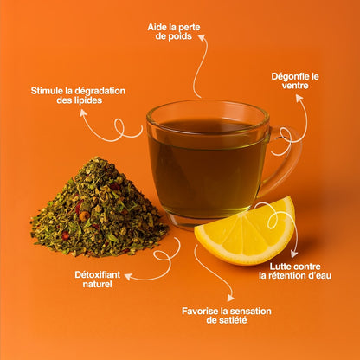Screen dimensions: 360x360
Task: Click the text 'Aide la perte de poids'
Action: point(174,32)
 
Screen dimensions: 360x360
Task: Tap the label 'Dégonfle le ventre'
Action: point(295,81)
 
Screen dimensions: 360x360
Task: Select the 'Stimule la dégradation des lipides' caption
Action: point(78,95)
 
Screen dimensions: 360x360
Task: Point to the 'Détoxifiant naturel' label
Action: point(97,280)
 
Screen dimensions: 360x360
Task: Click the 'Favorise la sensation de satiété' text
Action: point(227,316)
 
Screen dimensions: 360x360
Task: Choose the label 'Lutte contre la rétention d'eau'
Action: point(295,271)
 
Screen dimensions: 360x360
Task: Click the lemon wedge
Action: point(245,231)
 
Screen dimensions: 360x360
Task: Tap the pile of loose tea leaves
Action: point(99,209)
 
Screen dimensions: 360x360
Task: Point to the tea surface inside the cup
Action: point(207,126)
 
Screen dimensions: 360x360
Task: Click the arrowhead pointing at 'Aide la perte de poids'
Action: point(202,38)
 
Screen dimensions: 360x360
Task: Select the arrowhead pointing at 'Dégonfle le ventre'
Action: point(299,98)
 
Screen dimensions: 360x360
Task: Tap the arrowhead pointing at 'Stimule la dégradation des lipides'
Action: point(83,112)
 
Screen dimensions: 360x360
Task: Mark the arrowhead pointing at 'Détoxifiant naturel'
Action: point(128,277)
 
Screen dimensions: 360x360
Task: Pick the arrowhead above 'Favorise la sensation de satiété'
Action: point(230,298)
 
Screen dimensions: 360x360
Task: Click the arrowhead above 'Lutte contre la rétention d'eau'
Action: point(294,254)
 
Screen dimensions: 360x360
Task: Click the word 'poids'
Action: point(180,36)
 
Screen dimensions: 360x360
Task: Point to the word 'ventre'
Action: point(295,86)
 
